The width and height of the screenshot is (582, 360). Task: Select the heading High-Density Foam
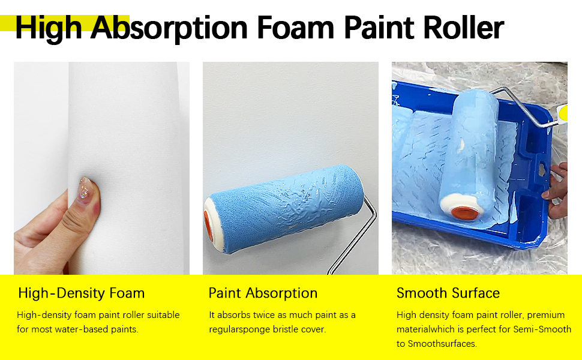pyautogui.click(x=81, y=293)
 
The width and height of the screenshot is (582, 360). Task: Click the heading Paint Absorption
pyautogui.click(x=263, y=293)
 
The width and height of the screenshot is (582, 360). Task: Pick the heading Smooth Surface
pyautogui.click(x=448, y=293)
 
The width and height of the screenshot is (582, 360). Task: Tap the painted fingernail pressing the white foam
pyautogui.click(x=88, y=185)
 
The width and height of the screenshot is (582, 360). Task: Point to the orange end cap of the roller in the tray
pyautogui.click(x=464, y=211)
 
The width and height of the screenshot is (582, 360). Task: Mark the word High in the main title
pyautogui.click(x=51, y=28)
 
